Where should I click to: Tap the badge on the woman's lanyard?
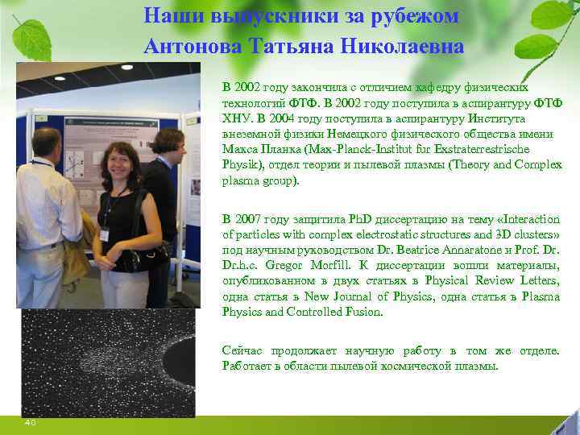point(104,235)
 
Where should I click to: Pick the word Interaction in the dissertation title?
point(527,219)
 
